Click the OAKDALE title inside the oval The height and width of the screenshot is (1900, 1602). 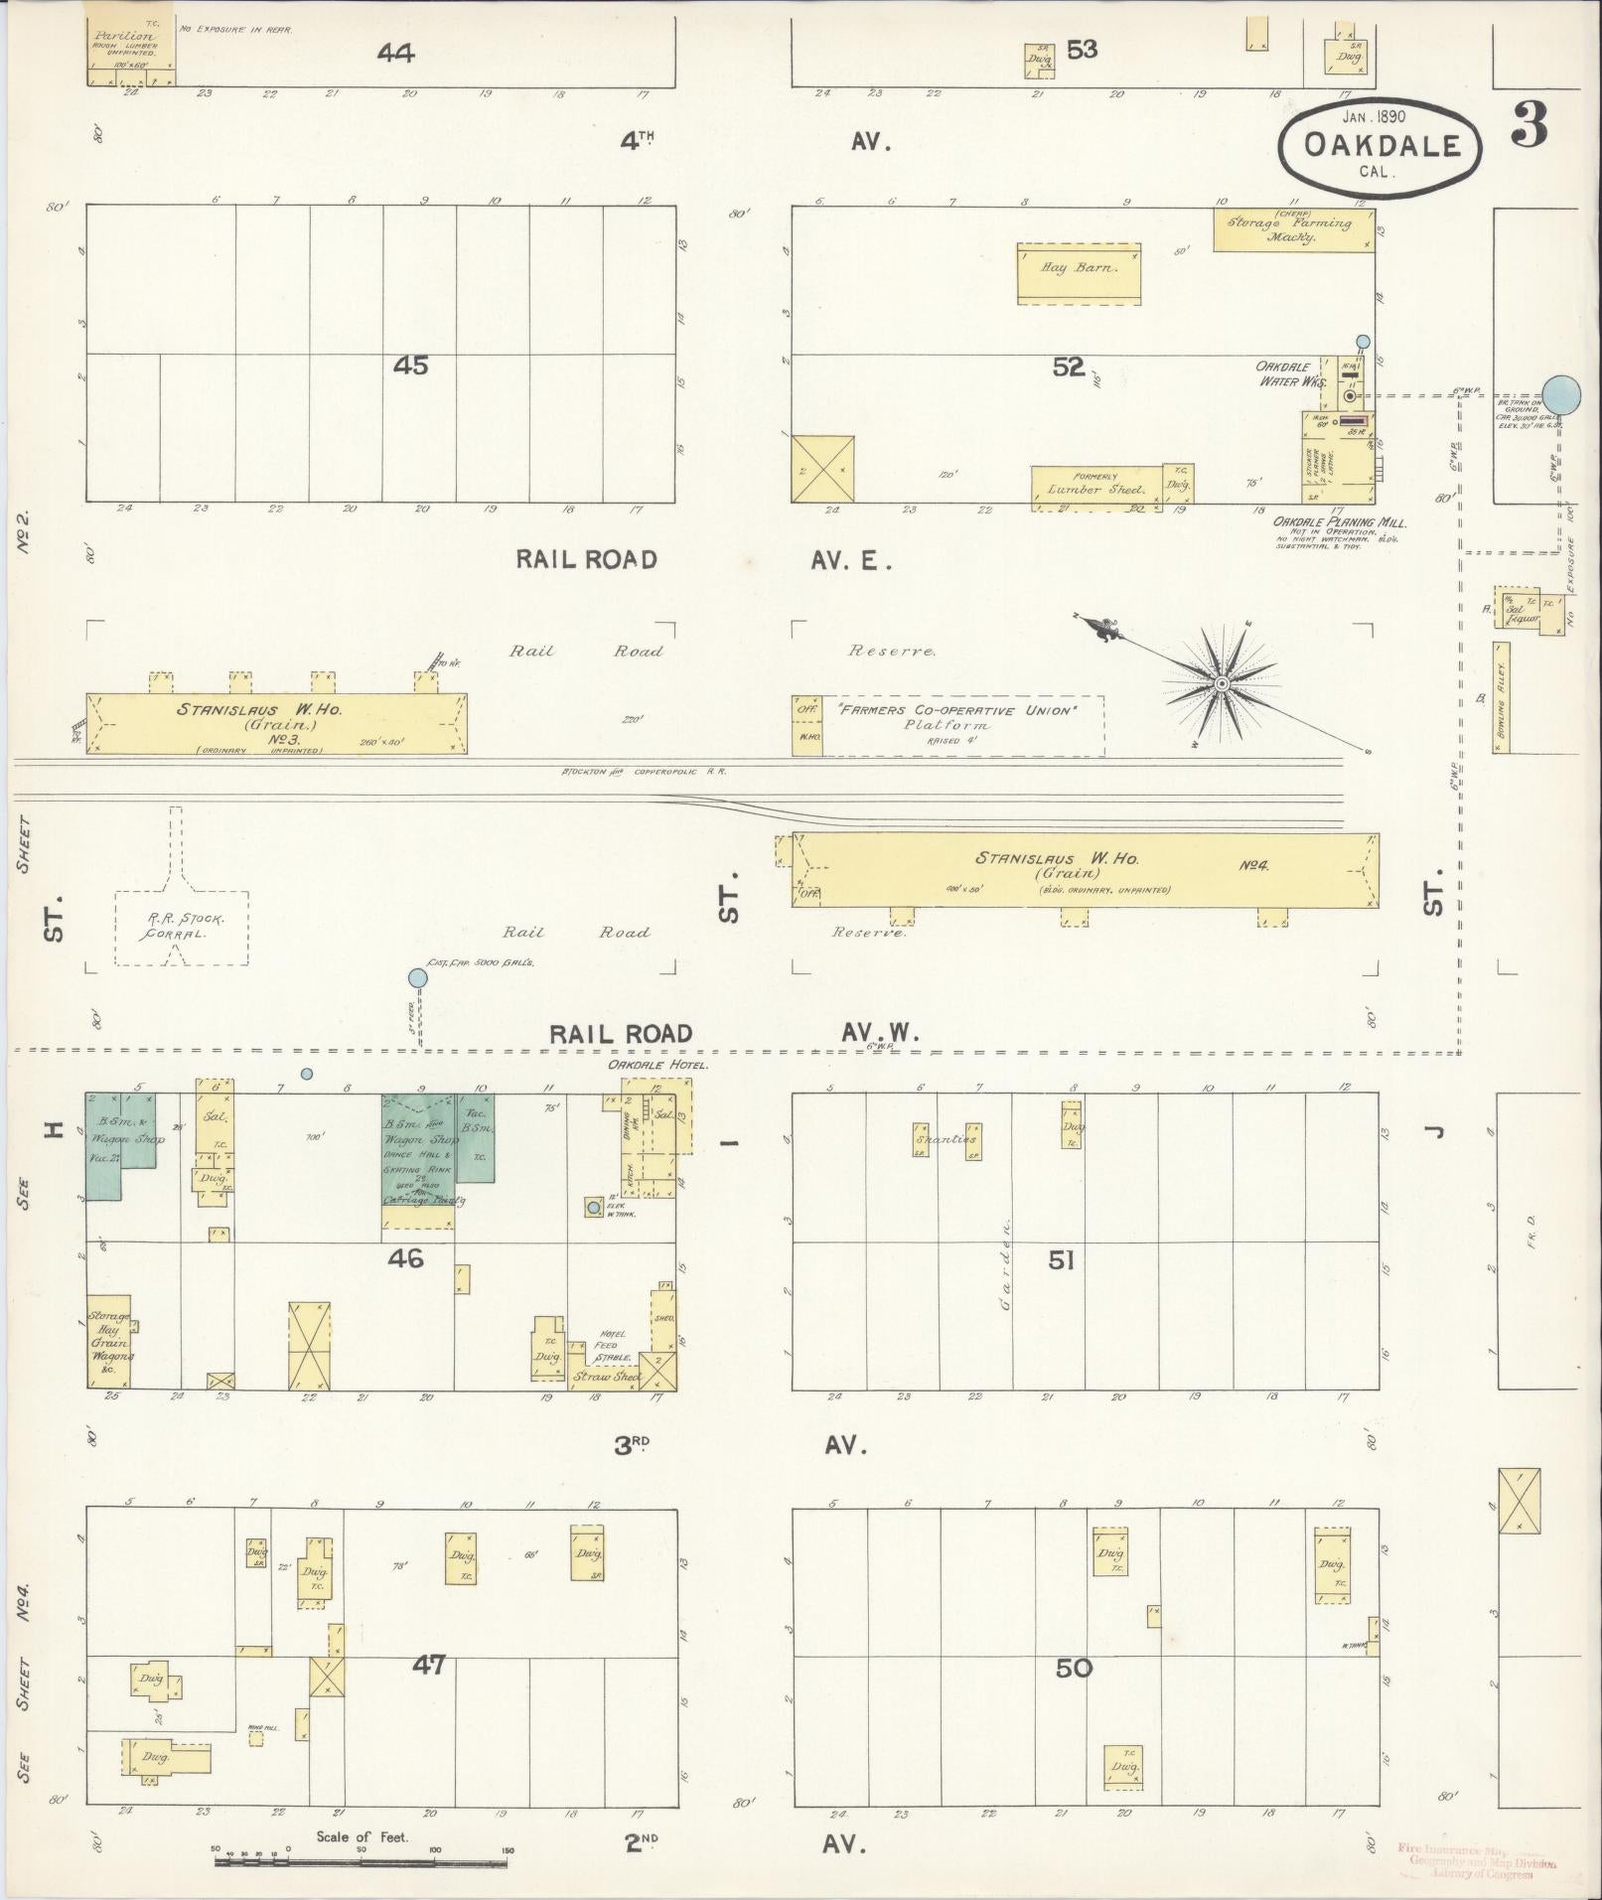(x=1381, y=146)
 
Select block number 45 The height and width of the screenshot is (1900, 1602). (x=410, y=365)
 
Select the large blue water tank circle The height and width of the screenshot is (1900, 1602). (x=1561, y=394)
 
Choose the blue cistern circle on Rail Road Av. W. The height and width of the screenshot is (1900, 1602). (x=418, y=978)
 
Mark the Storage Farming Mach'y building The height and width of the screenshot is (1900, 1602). (x=1294, y=229)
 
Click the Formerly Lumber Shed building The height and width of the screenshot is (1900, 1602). (x=1095, y=488)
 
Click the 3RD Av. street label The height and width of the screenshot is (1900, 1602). (x=636, y=1445)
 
